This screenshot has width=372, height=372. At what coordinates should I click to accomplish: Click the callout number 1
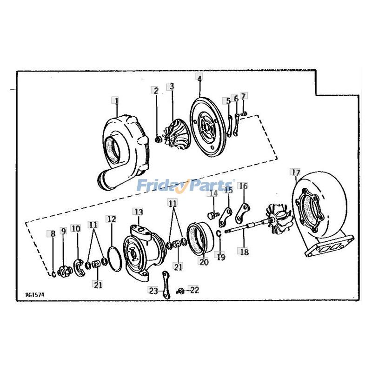[x=116, y=100]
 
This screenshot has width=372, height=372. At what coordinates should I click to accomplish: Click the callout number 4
[x=199, y=79]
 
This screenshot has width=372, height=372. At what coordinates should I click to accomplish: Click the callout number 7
[x=244, y=96]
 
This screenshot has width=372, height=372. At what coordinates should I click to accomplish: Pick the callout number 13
[x=138, y=212]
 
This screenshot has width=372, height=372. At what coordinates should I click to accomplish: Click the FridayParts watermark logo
[x=186, y=186]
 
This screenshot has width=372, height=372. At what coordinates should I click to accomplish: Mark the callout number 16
[x=243, y=186]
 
